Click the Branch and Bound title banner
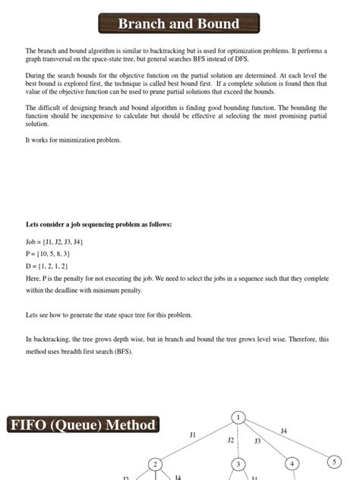[178, 24]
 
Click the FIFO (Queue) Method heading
[83, 425]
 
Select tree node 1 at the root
[238, 417]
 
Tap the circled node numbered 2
[155, 464]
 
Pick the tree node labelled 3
[238, 464]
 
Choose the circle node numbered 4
[292, 463]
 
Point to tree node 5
[335, 461]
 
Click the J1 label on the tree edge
[193, 434]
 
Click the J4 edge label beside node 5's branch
[284, 431]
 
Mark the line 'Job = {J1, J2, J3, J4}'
[54, 242]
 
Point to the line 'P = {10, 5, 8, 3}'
[48, 254]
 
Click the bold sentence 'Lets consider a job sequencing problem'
[99, 225]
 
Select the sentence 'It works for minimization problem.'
[73, 140]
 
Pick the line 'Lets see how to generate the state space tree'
[109, 314]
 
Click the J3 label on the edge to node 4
[257, 441]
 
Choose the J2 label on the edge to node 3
[231, 440]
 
